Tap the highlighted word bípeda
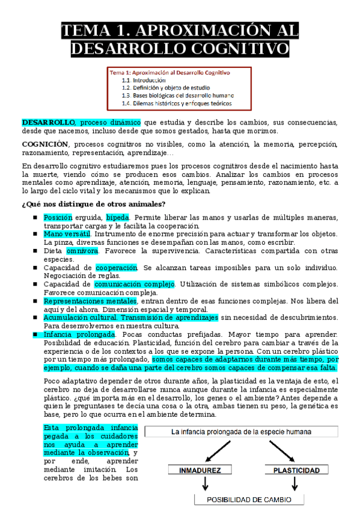(x=118, y=217)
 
